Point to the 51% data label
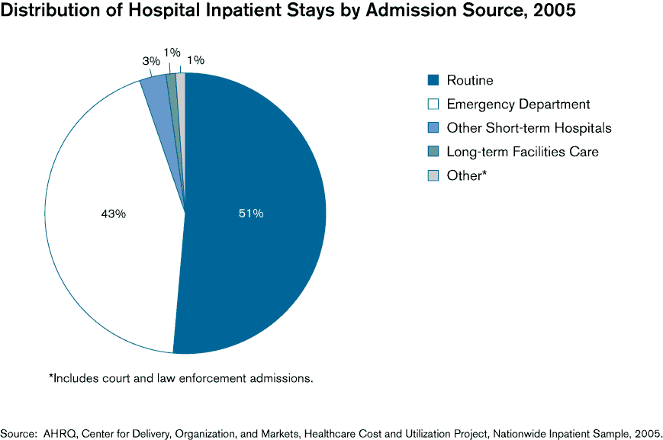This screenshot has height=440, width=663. (x=250, y=214)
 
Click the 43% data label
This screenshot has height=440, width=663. (x=113, y=214)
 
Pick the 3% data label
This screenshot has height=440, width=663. (x=150, y=61)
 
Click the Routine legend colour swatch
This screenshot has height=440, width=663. (x=433, y=81)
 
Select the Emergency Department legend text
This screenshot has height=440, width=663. (x=518, y=104)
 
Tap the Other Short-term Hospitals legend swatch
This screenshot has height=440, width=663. (x=433, y=128)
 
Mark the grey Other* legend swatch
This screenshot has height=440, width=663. (x=433, y=175)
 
